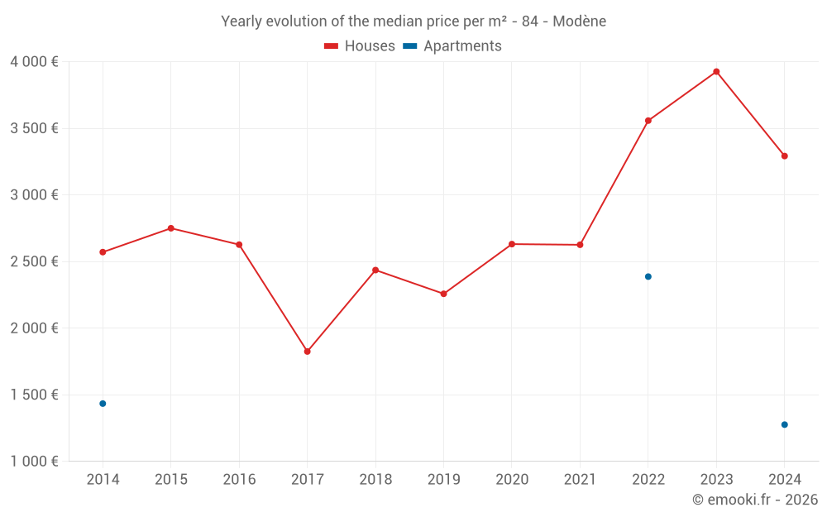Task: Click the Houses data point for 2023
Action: click(716, 72)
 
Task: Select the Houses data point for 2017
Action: click(307, 352)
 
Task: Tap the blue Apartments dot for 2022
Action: click(648, 276)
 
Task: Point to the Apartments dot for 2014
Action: click(103, 404)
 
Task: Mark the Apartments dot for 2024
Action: click(784, 424)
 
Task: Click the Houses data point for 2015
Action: click(171, 228)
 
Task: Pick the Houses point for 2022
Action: click(648, 121)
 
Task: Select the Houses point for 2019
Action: click(443, 294)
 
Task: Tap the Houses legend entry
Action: click(360, 46)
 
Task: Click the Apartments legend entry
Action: click(453, 46)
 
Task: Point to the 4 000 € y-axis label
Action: click(34, 62)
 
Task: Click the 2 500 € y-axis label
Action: click(34, 261)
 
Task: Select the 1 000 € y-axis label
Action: click(34, 462)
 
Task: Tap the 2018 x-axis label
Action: click(375, 480)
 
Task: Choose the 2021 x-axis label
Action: click(580, 480)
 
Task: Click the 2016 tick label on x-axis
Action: click(239, 480)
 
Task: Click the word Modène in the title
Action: click(579, 22)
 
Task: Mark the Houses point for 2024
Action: click(784, 156)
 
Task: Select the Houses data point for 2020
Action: click(512, 244)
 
